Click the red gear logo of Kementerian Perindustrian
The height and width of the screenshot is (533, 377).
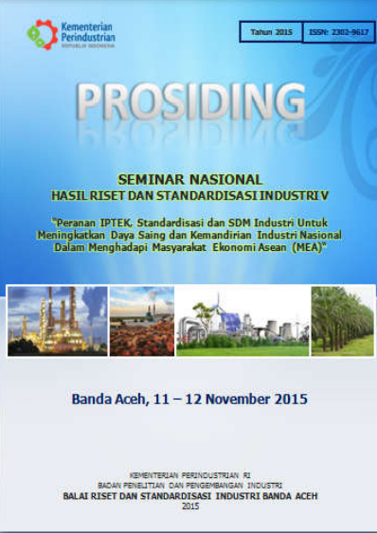(42, 35)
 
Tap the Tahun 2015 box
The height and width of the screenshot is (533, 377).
(271, 32)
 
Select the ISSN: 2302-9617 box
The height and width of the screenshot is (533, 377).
(337, 32)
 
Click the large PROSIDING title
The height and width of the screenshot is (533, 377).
(189, 101)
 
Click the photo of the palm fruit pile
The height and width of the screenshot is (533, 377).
(142, 320)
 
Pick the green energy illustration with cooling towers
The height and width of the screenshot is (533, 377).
(242, 320)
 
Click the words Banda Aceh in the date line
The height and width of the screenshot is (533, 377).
(104, 399)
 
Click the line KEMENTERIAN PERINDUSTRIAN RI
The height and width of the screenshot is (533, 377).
(189, 473)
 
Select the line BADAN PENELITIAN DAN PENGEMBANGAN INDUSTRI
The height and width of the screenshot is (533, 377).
(189, 484)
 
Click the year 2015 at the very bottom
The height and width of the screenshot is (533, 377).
(189, 506)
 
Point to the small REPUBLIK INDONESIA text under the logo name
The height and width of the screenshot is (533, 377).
(88, 45)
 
